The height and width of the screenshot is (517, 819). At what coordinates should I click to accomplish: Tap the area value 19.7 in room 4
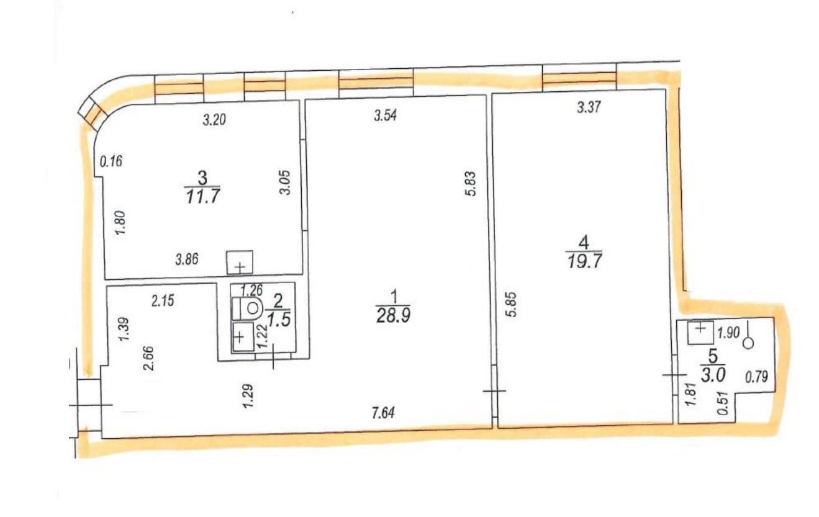tap(585, 261)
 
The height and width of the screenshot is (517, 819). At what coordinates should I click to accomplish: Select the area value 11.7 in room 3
tap(203, 197)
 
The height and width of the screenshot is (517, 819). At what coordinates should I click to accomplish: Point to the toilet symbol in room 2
tap(247, 308)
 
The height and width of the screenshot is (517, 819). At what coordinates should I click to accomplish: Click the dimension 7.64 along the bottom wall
tap(383, 413)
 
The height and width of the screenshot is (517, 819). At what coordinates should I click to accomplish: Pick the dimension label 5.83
tap(471, 184)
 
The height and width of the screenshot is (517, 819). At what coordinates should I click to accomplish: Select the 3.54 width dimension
tap(386, 115)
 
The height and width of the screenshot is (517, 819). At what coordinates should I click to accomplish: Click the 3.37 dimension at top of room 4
tap(589, 107)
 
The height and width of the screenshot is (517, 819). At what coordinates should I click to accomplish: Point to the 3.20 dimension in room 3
tap(214, 120)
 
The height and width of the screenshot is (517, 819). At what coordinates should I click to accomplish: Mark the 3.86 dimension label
tap(187, 259)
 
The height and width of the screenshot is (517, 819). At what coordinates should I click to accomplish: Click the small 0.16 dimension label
tap(111, 161)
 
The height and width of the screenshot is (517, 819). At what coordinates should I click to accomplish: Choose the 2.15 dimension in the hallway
tap(163, 301)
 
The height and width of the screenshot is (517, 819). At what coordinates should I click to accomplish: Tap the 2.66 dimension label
tap(149, 359)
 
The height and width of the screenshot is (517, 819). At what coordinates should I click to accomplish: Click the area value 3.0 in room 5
tap(713, 375)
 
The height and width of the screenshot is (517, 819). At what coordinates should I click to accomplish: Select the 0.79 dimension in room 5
tap(756, 377)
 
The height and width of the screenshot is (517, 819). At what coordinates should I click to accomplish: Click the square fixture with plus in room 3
tap(240, 263)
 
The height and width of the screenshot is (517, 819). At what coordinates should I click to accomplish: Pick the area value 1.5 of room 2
tap(279, 320)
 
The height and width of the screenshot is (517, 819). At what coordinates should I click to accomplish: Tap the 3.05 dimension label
tap(285, 182)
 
